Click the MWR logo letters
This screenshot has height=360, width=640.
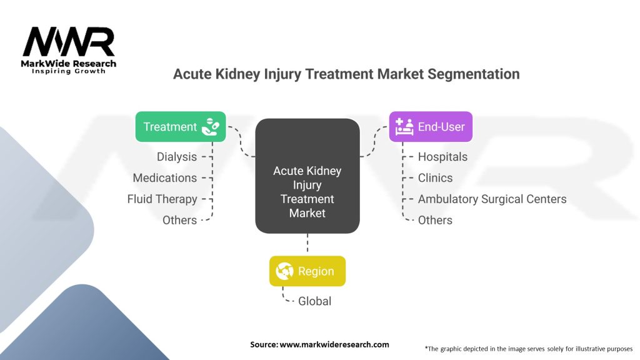69,42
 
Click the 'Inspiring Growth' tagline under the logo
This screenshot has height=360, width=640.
69,71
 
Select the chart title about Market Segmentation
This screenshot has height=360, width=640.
346,74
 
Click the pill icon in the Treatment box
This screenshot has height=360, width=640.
210,127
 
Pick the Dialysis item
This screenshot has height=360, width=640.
177,157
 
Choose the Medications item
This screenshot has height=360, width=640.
165,178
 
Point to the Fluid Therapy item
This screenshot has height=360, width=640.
162,199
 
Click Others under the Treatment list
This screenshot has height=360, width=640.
180,220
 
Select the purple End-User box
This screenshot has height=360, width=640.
431,126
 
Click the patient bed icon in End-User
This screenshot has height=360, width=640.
405,127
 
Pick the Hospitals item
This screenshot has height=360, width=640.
442,157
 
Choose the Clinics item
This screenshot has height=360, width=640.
435,178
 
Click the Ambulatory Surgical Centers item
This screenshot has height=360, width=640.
492,199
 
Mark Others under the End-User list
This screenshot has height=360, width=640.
435,220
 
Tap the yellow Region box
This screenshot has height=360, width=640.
307,271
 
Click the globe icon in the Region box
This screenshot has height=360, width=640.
285,272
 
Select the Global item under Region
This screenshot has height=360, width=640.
314,301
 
